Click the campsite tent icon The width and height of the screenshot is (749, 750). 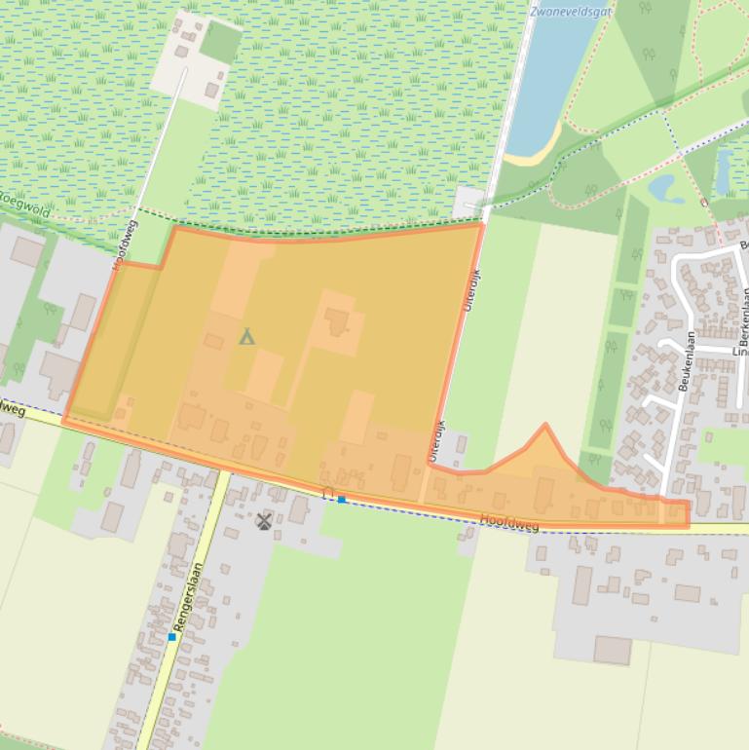pos(246,337)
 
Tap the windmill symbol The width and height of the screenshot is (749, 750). pos(263,521)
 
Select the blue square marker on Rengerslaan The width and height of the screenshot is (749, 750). pos(171,637)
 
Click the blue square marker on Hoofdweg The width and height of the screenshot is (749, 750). pos(342,499)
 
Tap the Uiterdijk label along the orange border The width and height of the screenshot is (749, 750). pos(471,289)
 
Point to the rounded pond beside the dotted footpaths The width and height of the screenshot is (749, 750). pos(666,187)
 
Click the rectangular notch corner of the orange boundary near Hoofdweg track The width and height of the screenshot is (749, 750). pos(162,263)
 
